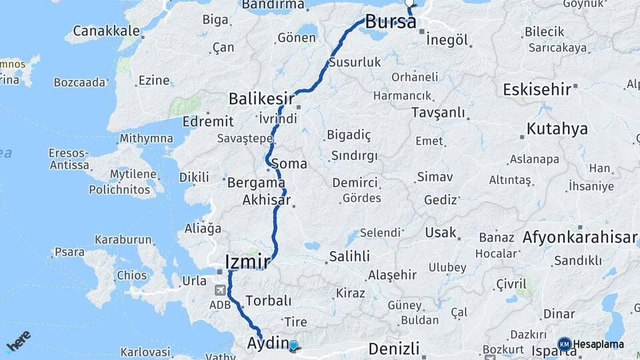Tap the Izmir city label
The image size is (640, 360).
click(x=247, y=261)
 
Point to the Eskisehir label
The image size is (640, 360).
click(x=537, y=89)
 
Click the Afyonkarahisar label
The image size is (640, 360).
click(x=580, y=237)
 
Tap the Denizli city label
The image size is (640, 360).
click(x=393, y=348)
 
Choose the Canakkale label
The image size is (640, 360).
click(x=107, y=31)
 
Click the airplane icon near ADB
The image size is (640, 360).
click(x=221, y=290)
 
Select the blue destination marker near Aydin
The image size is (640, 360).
click(x=293, y=345)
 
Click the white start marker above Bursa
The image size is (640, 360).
click(x=409, y=2)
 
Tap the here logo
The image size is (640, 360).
click(x=19, y=341)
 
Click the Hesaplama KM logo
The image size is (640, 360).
click(x=565, y=344)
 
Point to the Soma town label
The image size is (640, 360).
click(x=293, y=164)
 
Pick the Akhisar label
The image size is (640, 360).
click(x=267, y=200)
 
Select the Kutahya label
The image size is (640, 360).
click(x=557, y=129)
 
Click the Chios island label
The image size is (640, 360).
click(x=131, y=275)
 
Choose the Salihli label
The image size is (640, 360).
click(x=349, y=257)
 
